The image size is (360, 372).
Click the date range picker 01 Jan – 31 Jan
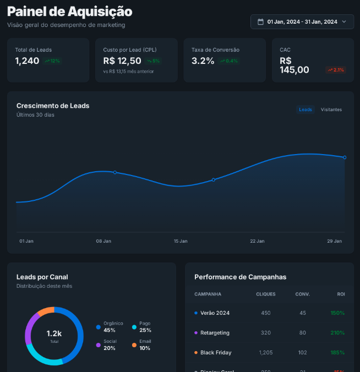(302, 21)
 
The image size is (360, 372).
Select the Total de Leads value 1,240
(27, 61)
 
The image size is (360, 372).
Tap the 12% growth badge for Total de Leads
(52, 61)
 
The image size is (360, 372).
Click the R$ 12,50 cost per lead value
(122, 61)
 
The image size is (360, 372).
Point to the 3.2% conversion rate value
(203, 61)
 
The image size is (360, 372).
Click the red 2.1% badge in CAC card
(335, 70)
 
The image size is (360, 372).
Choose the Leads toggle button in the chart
(306, 110)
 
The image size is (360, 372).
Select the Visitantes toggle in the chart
(331, 110)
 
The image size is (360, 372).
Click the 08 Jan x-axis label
(103, 241)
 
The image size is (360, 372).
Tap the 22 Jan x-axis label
(257, 241)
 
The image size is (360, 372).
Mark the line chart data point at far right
(345, 157)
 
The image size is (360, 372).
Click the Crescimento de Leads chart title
(53, 106)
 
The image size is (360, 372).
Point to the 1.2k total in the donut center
(54, 334)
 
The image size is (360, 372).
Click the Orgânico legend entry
(113, 327)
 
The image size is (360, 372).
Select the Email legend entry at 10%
(145, 344)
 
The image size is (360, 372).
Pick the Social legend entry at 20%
(110, 344)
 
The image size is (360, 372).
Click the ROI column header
(341, 294)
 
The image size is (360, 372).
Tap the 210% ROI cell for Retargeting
(337, 333)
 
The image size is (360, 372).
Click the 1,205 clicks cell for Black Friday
(266, 352)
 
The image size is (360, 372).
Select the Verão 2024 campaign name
(215, 313)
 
